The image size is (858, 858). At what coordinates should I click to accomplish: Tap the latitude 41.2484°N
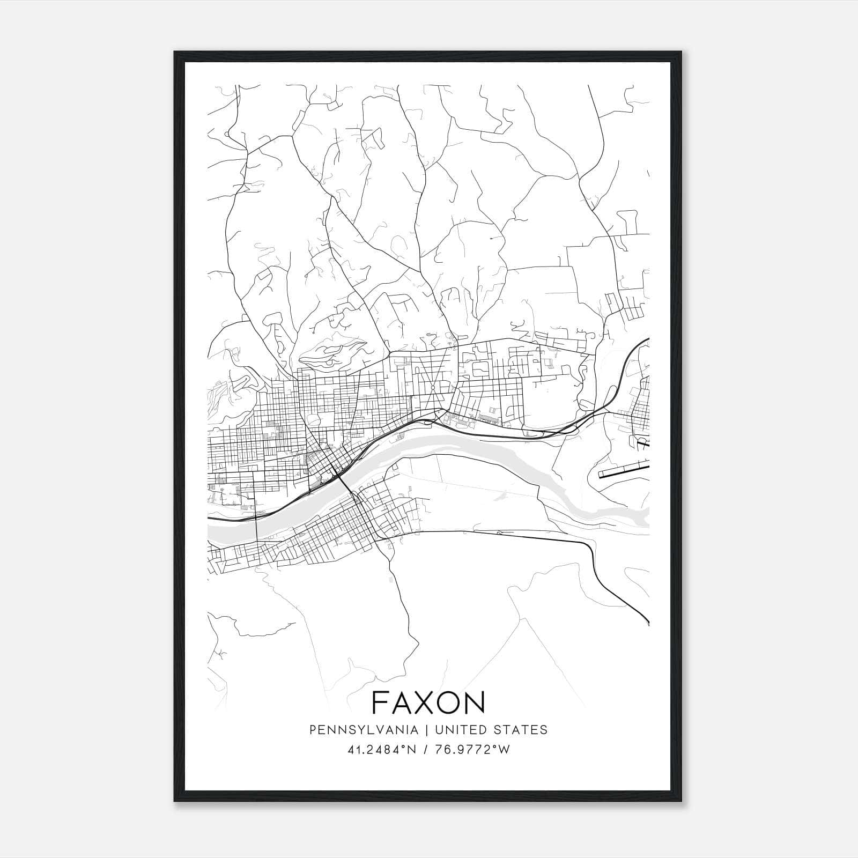(382, 750)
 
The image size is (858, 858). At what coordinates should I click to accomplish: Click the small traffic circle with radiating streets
(432, 387)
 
